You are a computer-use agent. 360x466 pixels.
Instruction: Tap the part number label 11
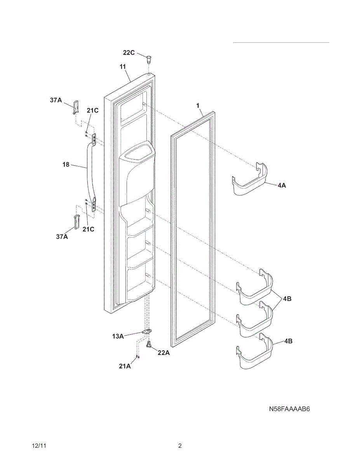123,67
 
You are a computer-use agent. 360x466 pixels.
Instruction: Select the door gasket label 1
198,106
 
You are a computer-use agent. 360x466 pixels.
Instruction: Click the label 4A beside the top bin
282,186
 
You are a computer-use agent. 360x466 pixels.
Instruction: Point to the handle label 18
66,165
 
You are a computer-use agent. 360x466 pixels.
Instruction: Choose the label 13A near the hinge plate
118,336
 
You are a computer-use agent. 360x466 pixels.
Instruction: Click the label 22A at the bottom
163,353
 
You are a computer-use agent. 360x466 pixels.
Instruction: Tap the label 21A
125,366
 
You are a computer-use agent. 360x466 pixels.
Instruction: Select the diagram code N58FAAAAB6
290,409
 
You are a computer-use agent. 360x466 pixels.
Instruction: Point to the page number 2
180,446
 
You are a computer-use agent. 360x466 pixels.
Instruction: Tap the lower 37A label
62,236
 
